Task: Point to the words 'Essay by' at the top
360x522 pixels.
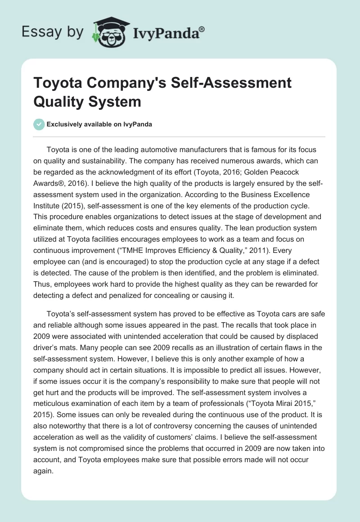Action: click(53, 31)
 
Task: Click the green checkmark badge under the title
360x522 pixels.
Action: click(39, 124)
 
